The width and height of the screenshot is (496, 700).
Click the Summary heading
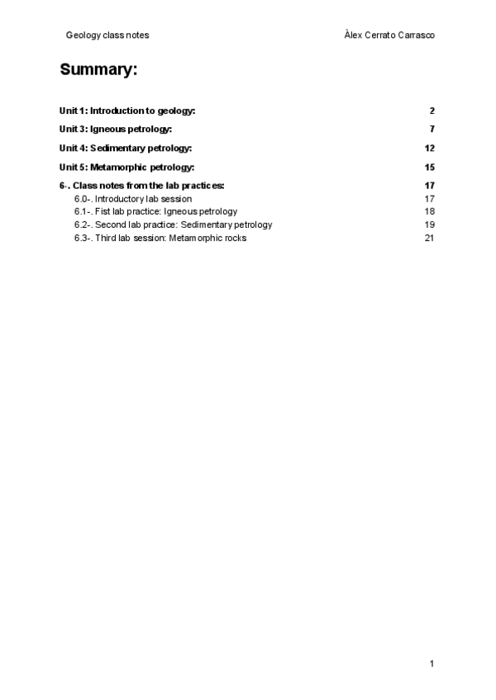tap(98, 70)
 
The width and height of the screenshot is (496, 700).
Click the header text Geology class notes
tap(107, 35)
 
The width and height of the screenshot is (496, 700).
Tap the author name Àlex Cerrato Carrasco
tap(389, 35)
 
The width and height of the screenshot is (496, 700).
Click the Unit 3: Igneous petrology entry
tap(116, 130)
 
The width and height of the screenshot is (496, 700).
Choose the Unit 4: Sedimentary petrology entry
tap(126, 149)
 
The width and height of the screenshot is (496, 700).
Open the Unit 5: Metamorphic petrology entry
tap(126, 168)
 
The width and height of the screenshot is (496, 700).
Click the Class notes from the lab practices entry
tap(141, 186)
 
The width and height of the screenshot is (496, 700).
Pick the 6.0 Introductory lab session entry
tap(133, 199)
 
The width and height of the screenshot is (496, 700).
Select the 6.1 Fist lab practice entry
tap(155, 211)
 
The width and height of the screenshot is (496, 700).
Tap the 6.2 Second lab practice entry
tap(173, 225)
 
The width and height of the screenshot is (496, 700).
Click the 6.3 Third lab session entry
tap(160, 238)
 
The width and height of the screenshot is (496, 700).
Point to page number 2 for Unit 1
tap(432, 111)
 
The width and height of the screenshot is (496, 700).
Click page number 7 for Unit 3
tap(432, 130)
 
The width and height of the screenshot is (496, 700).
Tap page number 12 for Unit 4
tap(429, 149)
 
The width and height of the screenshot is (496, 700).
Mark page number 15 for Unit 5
tap(429, 168)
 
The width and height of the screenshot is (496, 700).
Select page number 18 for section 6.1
tap(429, 211)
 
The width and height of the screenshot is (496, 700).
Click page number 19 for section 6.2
tap(429, 225)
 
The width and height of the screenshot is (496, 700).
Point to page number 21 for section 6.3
tap(429, 238)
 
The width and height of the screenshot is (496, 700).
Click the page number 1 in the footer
tap(432, 664)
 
